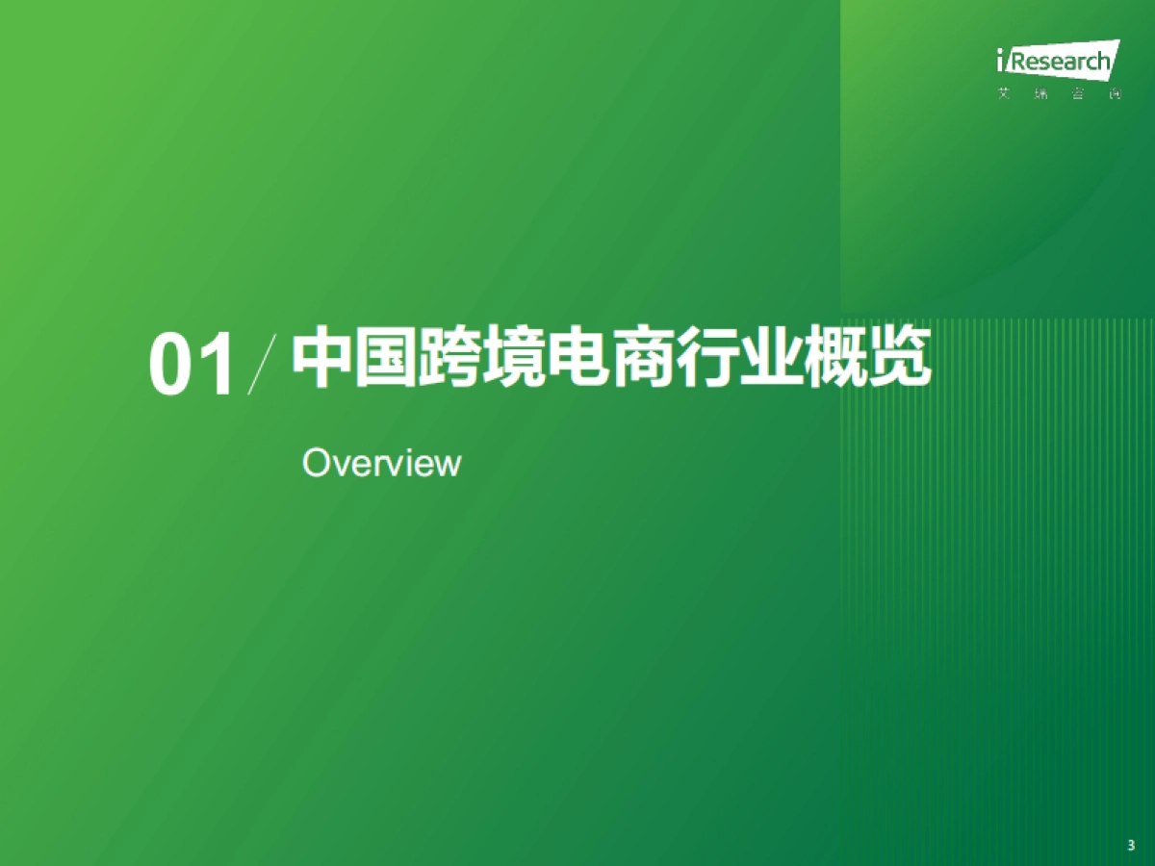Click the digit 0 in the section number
point(170,366)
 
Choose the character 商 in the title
point(643,358)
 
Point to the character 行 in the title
point(707,358)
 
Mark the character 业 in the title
point(771,358)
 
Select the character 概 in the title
point(835,358)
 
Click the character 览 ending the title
point(900,358)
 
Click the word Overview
point(381,463)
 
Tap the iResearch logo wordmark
point(1057,62)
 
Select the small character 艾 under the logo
point(1004,94)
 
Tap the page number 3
point(1130,845)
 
